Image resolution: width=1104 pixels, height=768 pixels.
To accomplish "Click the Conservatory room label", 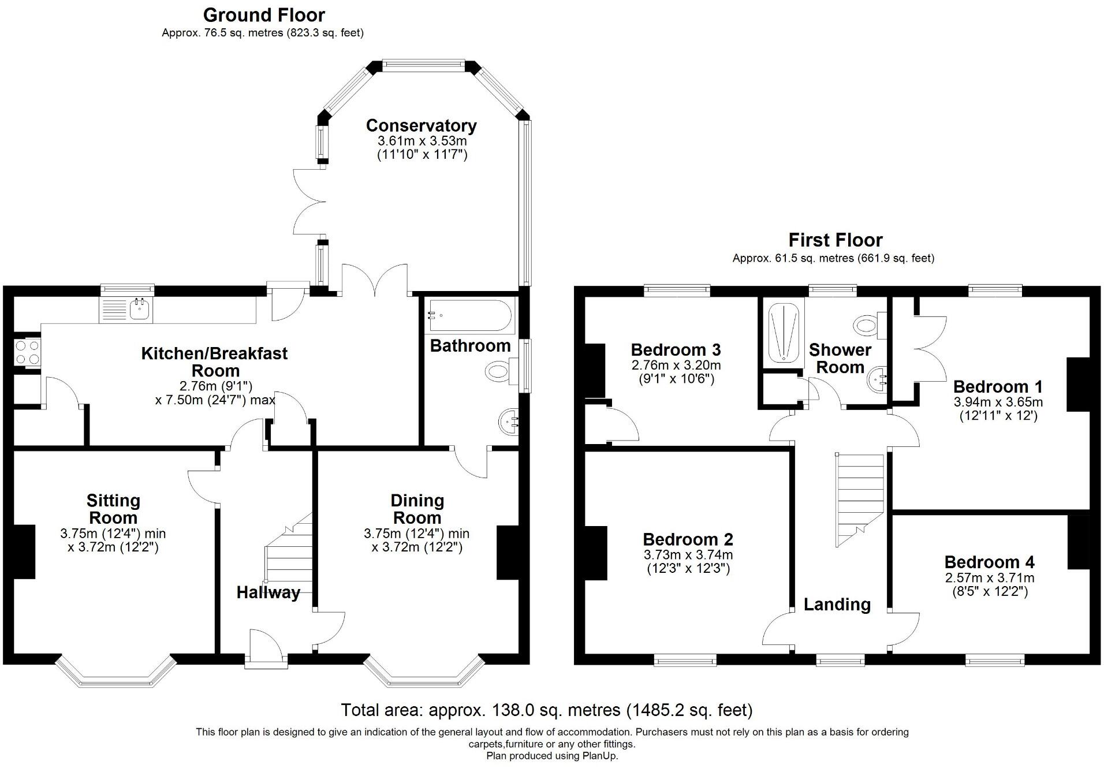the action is (x=421, y=125).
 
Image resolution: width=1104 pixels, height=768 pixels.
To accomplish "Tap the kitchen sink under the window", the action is (x=126, y=310).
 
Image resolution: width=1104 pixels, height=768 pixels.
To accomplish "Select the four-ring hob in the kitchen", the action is (x=27, y=352).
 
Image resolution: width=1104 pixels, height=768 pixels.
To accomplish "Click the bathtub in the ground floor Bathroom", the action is (x=468, y=316).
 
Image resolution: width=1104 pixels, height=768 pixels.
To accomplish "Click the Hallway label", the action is (x=268, y=592).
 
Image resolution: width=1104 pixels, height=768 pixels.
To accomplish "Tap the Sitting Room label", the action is (x=113, y=509).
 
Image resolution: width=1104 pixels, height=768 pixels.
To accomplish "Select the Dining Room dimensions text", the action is (x=417, y=540).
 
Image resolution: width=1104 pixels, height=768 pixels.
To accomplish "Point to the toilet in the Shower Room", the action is (x=870, y=325).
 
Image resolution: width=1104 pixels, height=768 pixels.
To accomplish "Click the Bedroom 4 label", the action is (x=989, y=562).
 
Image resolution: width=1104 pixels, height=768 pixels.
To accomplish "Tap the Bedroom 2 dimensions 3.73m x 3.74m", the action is (x=688, y=555).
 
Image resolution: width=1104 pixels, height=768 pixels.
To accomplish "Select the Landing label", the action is (x=837, y=605).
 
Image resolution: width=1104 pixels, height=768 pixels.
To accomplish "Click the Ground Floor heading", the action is (x=264, y=14).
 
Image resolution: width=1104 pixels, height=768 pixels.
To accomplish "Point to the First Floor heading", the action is (x=836, y=240).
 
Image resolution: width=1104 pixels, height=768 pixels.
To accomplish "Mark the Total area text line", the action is (x=547, y=710).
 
